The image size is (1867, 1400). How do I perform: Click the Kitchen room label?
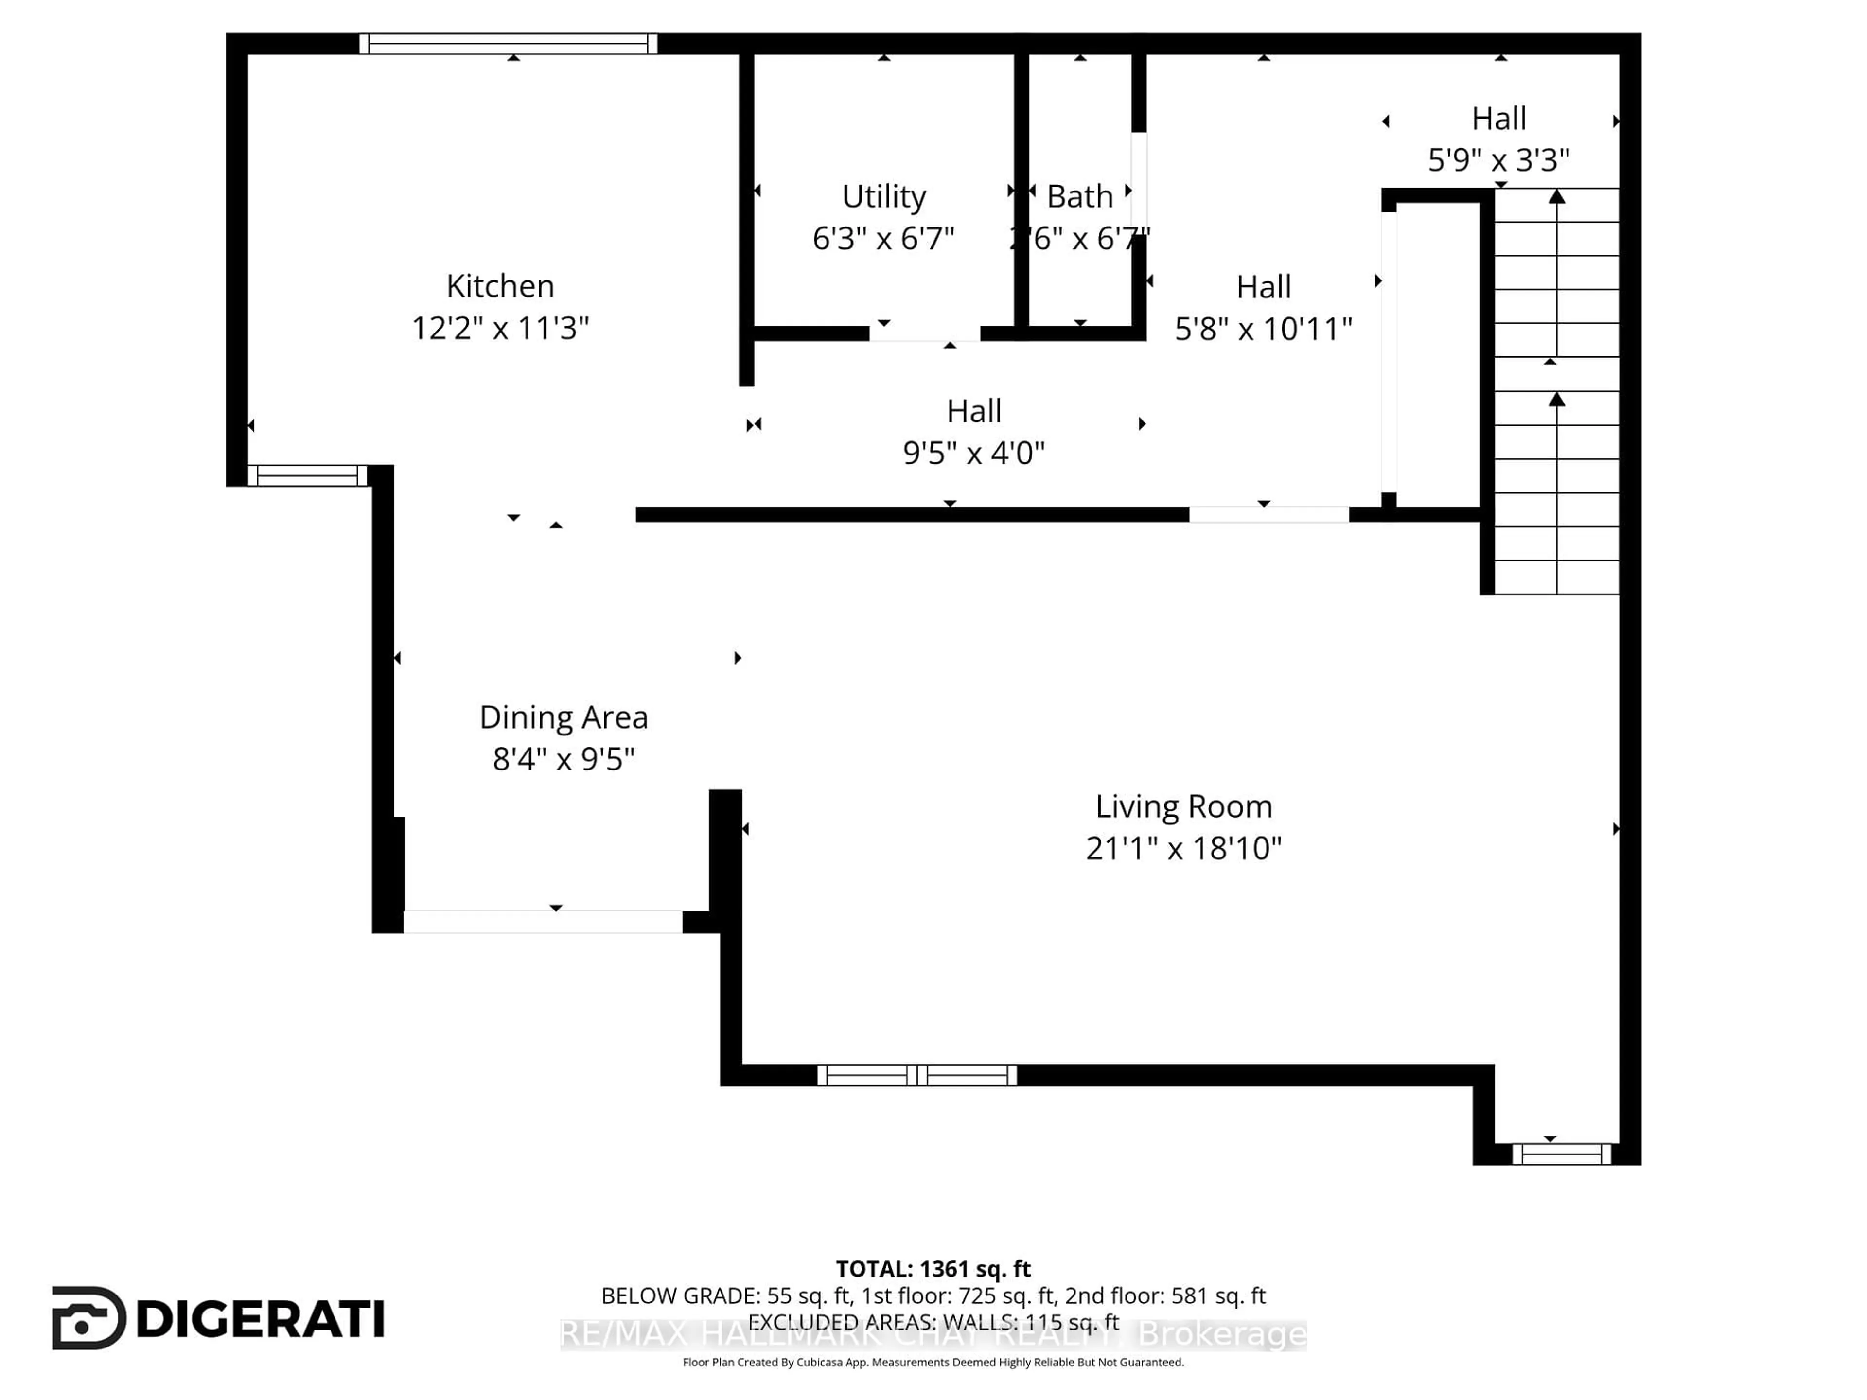[500, 286]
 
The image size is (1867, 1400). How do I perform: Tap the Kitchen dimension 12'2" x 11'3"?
[500, 328]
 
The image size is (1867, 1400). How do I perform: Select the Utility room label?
[884, 196]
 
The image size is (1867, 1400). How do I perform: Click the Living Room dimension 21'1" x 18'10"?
[1183, 848]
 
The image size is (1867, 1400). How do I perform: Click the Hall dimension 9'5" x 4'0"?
[973, 453]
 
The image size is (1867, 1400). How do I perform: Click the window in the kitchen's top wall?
[508, 44]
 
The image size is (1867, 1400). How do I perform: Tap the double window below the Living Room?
[916, 1075]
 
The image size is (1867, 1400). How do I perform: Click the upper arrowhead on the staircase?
[1556, 196]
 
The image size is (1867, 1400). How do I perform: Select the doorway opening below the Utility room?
[925, 334]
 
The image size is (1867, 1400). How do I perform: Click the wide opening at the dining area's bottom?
[543, 922]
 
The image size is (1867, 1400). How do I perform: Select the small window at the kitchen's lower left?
[307, 476]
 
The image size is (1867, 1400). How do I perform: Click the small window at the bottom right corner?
[1562, 1154]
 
